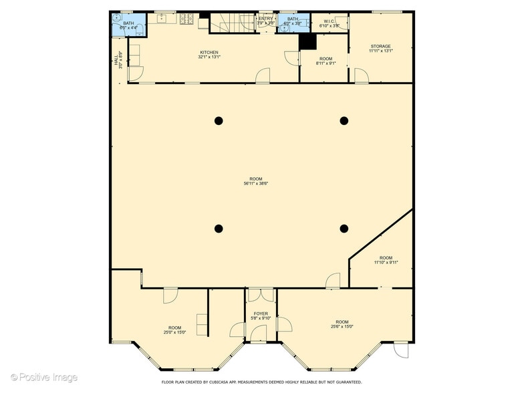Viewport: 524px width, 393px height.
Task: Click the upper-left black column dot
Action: click(x=219, y=121)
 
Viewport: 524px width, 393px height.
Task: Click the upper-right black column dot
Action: click(x=344, y=121)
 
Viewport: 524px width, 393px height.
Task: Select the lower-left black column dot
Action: click(x=219, y=229)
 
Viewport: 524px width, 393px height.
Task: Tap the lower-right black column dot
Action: click(x=344, y=229)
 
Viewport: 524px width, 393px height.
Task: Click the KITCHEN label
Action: click(x=209, y=53)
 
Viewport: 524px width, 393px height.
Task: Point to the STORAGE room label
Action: click(x=380, y=47)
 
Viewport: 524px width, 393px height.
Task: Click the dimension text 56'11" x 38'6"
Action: click(x=256, y=184)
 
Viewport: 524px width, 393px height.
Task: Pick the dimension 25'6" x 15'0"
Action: click(x=342, y=327)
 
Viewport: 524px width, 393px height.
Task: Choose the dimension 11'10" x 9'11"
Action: click(x=386, y=263)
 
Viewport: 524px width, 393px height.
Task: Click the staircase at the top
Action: click(x=228, y=23)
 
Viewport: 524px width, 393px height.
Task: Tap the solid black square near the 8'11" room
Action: click(x=307, y=41)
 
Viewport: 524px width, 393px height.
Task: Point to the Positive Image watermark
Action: click(x=44, y=378)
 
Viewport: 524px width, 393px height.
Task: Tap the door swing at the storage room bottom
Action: click(x=362, y=76)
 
